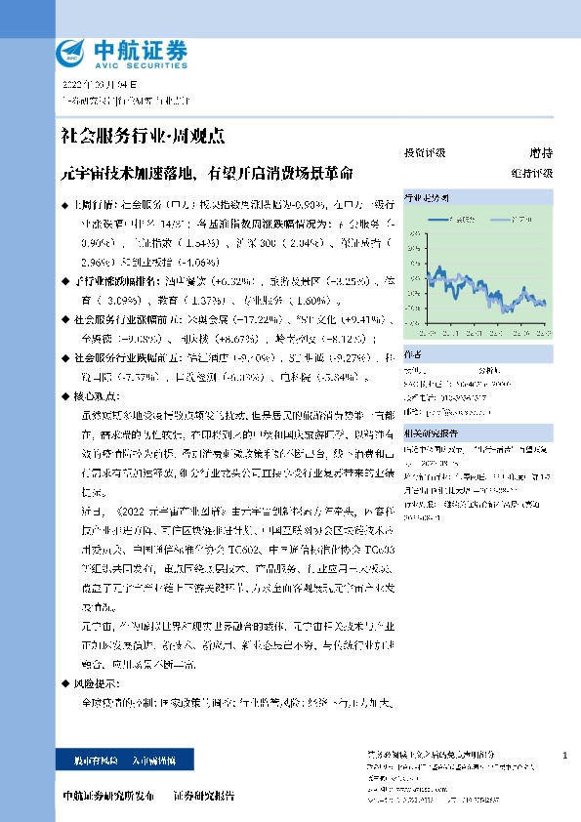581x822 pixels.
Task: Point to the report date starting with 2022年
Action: coord(96,86)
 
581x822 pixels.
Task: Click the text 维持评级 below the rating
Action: coord(531,173)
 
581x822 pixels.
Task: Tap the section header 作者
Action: coord(413,354)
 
